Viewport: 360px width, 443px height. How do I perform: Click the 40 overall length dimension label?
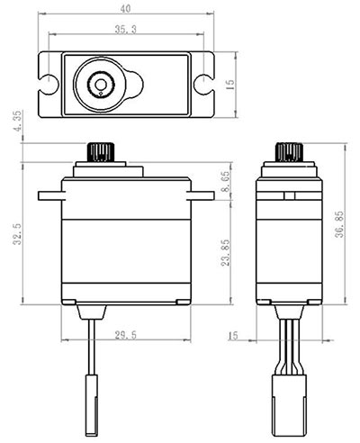point(126,9)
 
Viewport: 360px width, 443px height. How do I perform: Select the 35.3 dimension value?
point(126,29)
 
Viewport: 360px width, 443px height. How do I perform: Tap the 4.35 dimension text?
point(18,121)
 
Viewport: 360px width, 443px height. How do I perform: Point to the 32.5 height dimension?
point(17,234)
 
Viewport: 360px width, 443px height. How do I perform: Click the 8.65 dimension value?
point(226,181)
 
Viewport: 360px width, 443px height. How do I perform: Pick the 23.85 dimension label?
point(226,252)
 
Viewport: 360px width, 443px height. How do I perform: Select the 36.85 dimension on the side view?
point(339,224)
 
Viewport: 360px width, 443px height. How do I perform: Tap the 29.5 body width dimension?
point(126,335)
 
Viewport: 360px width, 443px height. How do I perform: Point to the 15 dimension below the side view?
point(233,335)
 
